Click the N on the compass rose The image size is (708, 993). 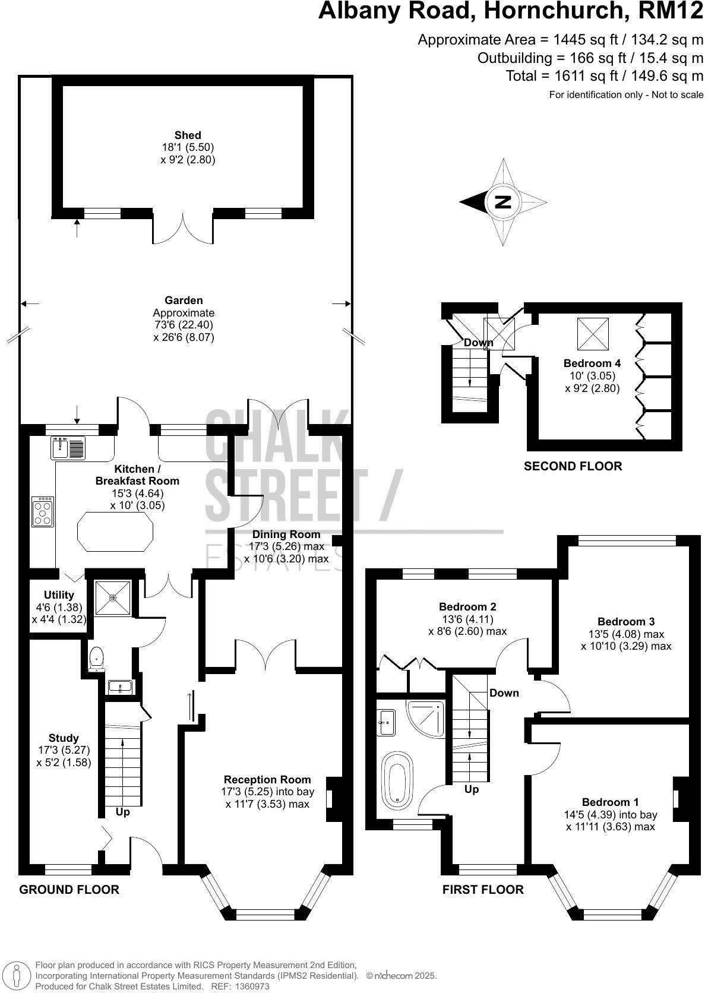(503, 202)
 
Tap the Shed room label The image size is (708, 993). (188, 135)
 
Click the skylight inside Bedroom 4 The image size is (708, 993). (593, 334)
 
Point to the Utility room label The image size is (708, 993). (59, 595)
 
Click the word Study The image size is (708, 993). (64, 738)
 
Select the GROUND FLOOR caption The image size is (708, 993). (69, 889)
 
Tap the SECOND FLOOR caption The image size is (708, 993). (573, 466)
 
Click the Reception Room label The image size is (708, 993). (267, 779)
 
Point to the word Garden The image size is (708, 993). (184, 301)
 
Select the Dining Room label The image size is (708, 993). (286, 534)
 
